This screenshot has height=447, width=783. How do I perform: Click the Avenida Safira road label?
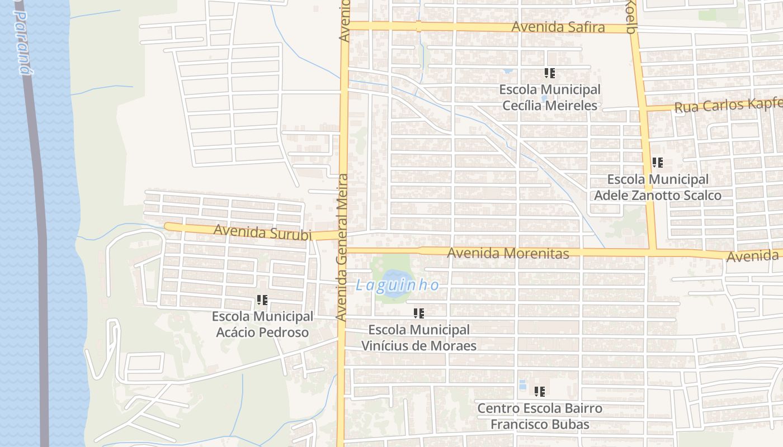[x=558, y=27]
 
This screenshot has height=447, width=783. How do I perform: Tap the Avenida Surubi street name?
[x=262, y=232]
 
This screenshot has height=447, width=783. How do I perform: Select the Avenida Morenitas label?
[x=508, y=253]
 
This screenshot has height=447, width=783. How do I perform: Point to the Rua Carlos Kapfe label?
[x=727, y=104]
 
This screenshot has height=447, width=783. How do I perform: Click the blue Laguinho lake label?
[x=397, y=285]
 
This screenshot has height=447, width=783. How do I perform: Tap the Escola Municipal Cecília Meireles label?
[x=550, y=97]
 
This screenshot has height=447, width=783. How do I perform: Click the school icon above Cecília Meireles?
[x=549, y=73]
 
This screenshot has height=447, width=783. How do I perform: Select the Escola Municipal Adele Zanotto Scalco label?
[x=658, y=187]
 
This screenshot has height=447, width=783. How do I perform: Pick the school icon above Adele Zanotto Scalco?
[x=657, y=163]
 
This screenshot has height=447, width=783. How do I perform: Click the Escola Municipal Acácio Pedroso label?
[x=262, y=324]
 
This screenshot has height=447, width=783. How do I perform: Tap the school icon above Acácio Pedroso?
[x=262, y=300]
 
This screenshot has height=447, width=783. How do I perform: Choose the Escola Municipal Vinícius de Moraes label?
[x=419, y=337]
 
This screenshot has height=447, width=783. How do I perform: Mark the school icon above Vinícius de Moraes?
[x=418, y=313]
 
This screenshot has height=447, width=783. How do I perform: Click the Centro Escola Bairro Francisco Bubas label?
[x=540, y=416]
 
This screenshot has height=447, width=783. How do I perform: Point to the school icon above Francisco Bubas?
[x=539, y=391]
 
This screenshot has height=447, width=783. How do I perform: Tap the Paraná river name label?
[x=22, y=42]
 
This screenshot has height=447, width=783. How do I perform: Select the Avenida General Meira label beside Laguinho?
[x=342, y=246]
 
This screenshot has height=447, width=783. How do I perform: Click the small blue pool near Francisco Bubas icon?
[x=522, y=385]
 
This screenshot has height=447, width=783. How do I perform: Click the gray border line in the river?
[x=39, y=223]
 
